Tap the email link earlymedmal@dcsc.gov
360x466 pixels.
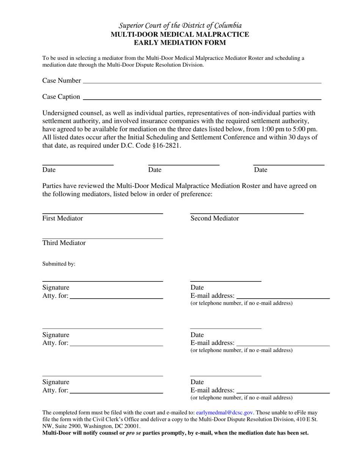[x=225, y=413]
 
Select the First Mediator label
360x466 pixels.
[x=63, y=218]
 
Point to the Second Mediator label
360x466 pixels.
[x=214, y=218]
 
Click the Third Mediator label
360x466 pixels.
[x=64, y=243]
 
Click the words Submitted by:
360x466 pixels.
[x=59, y=264]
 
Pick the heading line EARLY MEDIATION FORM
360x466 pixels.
[x=180, y=42]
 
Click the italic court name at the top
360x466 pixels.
[x=180, y=26]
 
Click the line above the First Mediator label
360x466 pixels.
[x=102, y=214]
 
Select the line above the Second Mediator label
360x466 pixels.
[x=246, y=214]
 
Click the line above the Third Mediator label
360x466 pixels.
[x=102, y=238]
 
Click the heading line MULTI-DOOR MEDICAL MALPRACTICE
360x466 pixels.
[x=180, y=34]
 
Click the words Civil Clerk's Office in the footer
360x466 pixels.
[x=123, y=419]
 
